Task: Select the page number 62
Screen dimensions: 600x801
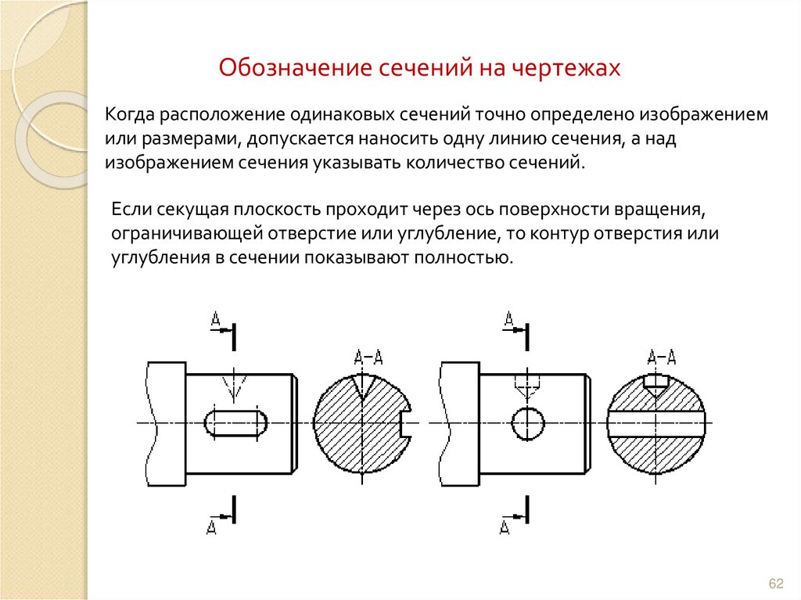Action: [776, 584]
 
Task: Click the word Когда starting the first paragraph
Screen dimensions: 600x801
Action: [130, 115]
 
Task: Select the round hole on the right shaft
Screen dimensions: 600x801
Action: [528, 423]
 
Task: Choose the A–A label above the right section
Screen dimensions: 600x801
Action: [662, 359]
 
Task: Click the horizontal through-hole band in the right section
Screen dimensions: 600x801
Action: [657, 423]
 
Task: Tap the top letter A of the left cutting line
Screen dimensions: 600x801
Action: [216, 319]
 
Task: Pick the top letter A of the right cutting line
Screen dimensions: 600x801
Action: [508, 319]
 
